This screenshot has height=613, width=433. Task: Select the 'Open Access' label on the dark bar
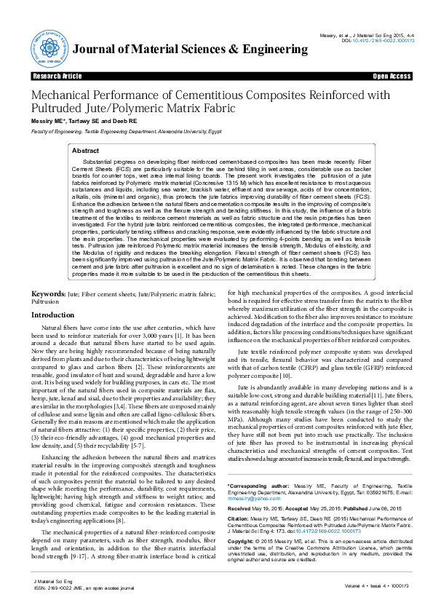point(392,76)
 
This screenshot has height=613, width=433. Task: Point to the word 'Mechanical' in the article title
point(63,95)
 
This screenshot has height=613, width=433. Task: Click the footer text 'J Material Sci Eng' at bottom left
point(48,582)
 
